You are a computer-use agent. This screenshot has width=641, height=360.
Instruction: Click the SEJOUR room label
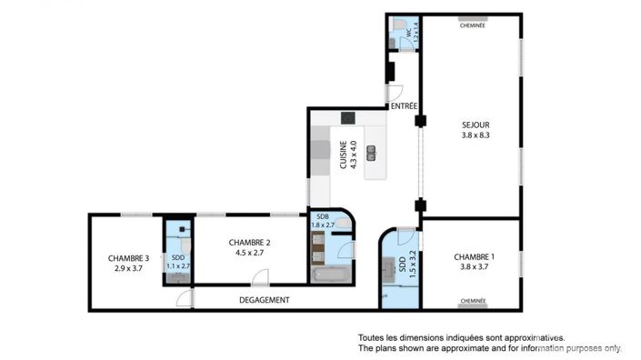[476, 125]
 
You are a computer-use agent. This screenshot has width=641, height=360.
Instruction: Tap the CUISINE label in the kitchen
[343, 155]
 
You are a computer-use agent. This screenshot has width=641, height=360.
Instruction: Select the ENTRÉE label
[404, 105]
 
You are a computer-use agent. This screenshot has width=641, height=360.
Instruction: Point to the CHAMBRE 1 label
[474, 257]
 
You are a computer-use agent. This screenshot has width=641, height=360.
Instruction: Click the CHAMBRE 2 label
[249, 243]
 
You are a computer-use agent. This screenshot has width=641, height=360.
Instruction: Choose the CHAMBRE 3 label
[128, 258]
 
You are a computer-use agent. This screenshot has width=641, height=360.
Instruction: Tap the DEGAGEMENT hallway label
[264, 300]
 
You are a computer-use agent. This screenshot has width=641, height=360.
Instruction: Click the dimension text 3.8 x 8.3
[476, 135]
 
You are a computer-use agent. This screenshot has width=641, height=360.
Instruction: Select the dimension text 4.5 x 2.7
[249, 253]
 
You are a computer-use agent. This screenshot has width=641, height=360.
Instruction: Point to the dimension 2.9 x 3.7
[128, 268]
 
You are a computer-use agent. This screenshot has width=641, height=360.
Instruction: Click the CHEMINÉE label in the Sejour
[473, 25]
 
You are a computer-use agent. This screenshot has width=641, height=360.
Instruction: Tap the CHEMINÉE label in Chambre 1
[473, 301]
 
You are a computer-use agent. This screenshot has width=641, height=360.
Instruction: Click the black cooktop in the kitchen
[348, 118]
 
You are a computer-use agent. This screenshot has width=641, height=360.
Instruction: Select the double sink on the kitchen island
[371, 153]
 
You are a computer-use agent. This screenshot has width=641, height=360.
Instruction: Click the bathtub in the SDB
[331, 275]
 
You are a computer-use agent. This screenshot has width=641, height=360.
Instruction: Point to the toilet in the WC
[399, 24]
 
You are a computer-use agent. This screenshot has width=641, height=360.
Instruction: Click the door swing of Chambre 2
[260, 276]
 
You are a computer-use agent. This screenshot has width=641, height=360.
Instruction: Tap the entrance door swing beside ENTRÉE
[395, 93]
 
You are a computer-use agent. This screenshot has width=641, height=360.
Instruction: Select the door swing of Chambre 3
[185, 297]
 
